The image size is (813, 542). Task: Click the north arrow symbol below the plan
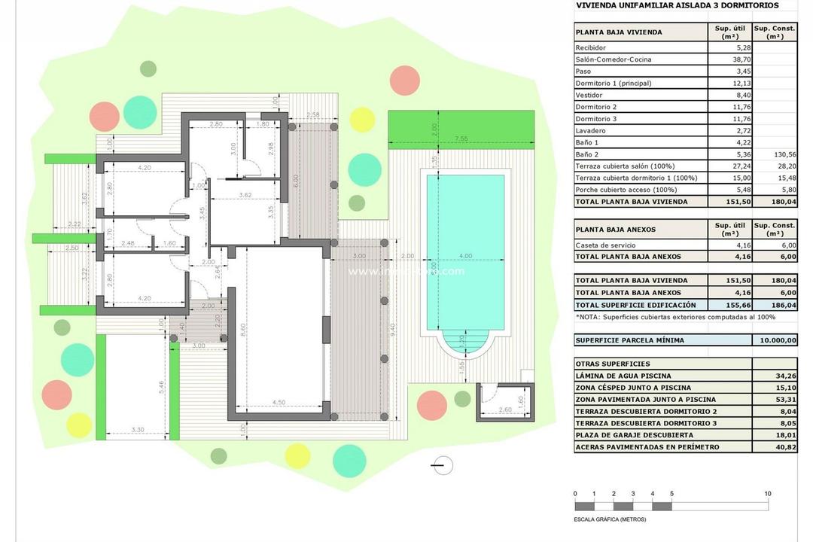(x=442, y=466)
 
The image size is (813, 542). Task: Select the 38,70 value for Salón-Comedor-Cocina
(x=729, y=59)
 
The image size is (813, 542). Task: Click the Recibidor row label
(x=590, y=47)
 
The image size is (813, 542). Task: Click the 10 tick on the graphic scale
(x=768, y=494)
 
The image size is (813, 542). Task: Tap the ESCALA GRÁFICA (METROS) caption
(x=611, y=519)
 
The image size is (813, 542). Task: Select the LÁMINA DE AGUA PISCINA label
(x=623, y=376)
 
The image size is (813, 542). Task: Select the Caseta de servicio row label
(x=604, y=245)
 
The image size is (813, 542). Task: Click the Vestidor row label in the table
(x=589, y=95)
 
